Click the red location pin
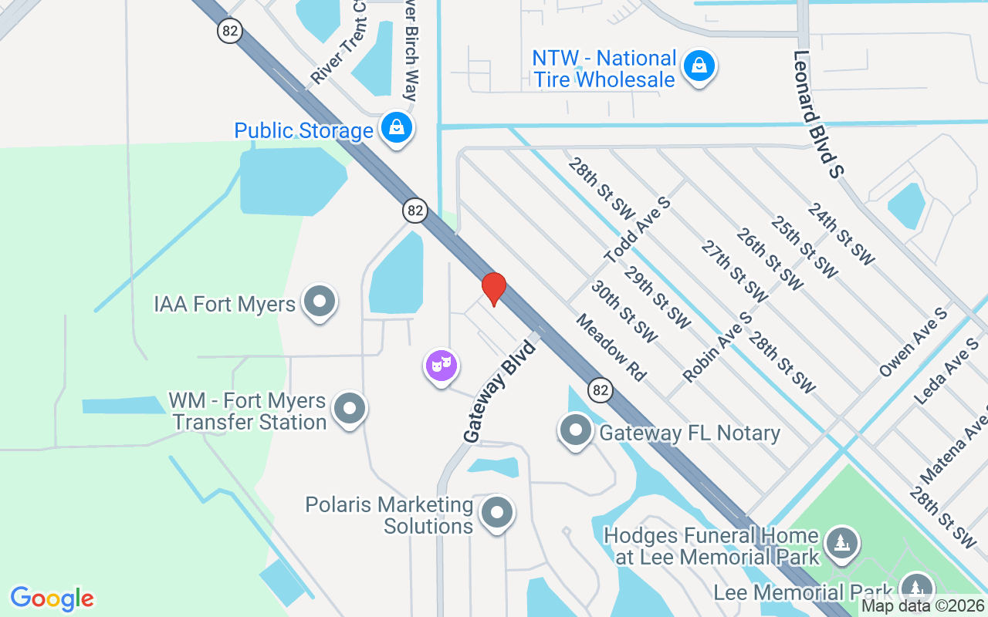click(493, 289)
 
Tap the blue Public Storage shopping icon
click(397, 128)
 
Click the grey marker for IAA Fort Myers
click(319, 302)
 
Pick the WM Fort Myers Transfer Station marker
click(350, 409)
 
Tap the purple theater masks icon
click(442, 366)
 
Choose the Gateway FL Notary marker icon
click(575, 430)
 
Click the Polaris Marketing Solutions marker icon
click(497, 512)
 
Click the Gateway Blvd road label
click(499, 390)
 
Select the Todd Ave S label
click(638, 229)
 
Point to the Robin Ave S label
click(717, 347)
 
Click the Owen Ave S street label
click(913, 342)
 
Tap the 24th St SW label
click(841, 234)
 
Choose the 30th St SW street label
click(624, 312)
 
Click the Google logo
click(52, 598)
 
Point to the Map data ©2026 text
click(923, 606)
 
